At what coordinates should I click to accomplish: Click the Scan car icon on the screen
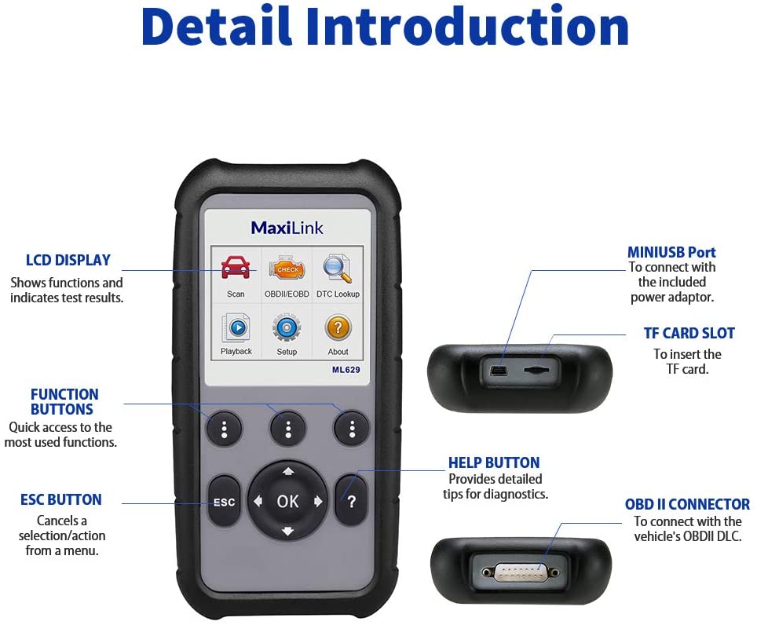(x=236, y=268)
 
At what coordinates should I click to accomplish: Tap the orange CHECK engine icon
(x=287, y=269)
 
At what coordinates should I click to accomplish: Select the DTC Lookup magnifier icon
(x=338, y=268)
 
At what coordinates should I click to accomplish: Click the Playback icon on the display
(x=236, y=326)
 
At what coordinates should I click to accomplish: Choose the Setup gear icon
(x=287, y=327)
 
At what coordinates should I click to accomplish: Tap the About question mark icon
(x=338, y=327)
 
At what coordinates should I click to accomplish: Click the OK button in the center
(x=287, y=501)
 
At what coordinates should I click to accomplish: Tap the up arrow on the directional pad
(x=287, y=472)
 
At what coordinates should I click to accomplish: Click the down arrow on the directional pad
(x=287, y=531)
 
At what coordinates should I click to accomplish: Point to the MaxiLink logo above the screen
(x=287, y=228)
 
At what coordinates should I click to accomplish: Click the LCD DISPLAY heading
(x=68, y=260)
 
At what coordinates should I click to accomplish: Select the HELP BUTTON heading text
(x=494, y=462)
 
